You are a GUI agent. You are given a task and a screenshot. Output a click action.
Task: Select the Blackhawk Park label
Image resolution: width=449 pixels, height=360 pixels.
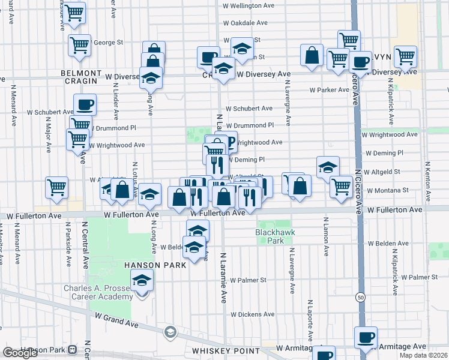tap(269, 236)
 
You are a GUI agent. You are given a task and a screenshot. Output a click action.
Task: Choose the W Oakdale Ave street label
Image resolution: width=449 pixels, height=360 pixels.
tap(245, 23)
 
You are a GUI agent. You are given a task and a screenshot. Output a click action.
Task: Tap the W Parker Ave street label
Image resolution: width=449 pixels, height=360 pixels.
tap(329, 90)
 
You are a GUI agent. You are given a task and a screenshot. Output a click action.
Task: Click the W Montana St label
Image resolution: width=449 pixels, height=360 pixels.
tap(388, 190)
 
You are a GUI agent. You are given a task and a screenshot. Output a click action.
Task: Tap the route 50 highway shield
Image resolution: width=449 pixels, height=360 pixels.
tap(360, 297)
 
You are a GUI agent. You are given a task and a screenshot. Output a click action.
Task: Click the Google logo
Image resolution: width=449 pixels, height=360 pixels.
tap(20, 353)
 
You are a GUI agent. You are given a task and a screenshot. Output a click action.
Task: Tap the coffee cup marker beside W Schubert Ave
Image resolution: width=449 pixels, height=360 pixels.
tap(85, 104)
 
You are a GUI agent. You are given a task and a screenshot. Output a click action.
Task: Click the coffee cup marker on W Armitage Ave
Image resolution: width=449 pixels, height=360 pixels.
tap(366, 337)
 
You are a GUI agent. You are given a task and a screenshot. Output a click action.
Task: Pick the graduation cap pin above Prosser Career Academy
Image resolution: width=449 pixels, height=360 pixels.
tap(142, 281)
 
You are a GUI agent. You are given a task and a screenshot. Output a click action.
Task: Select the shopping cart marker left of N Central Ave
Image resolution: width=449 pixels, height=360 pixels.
tap(57, 187)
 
